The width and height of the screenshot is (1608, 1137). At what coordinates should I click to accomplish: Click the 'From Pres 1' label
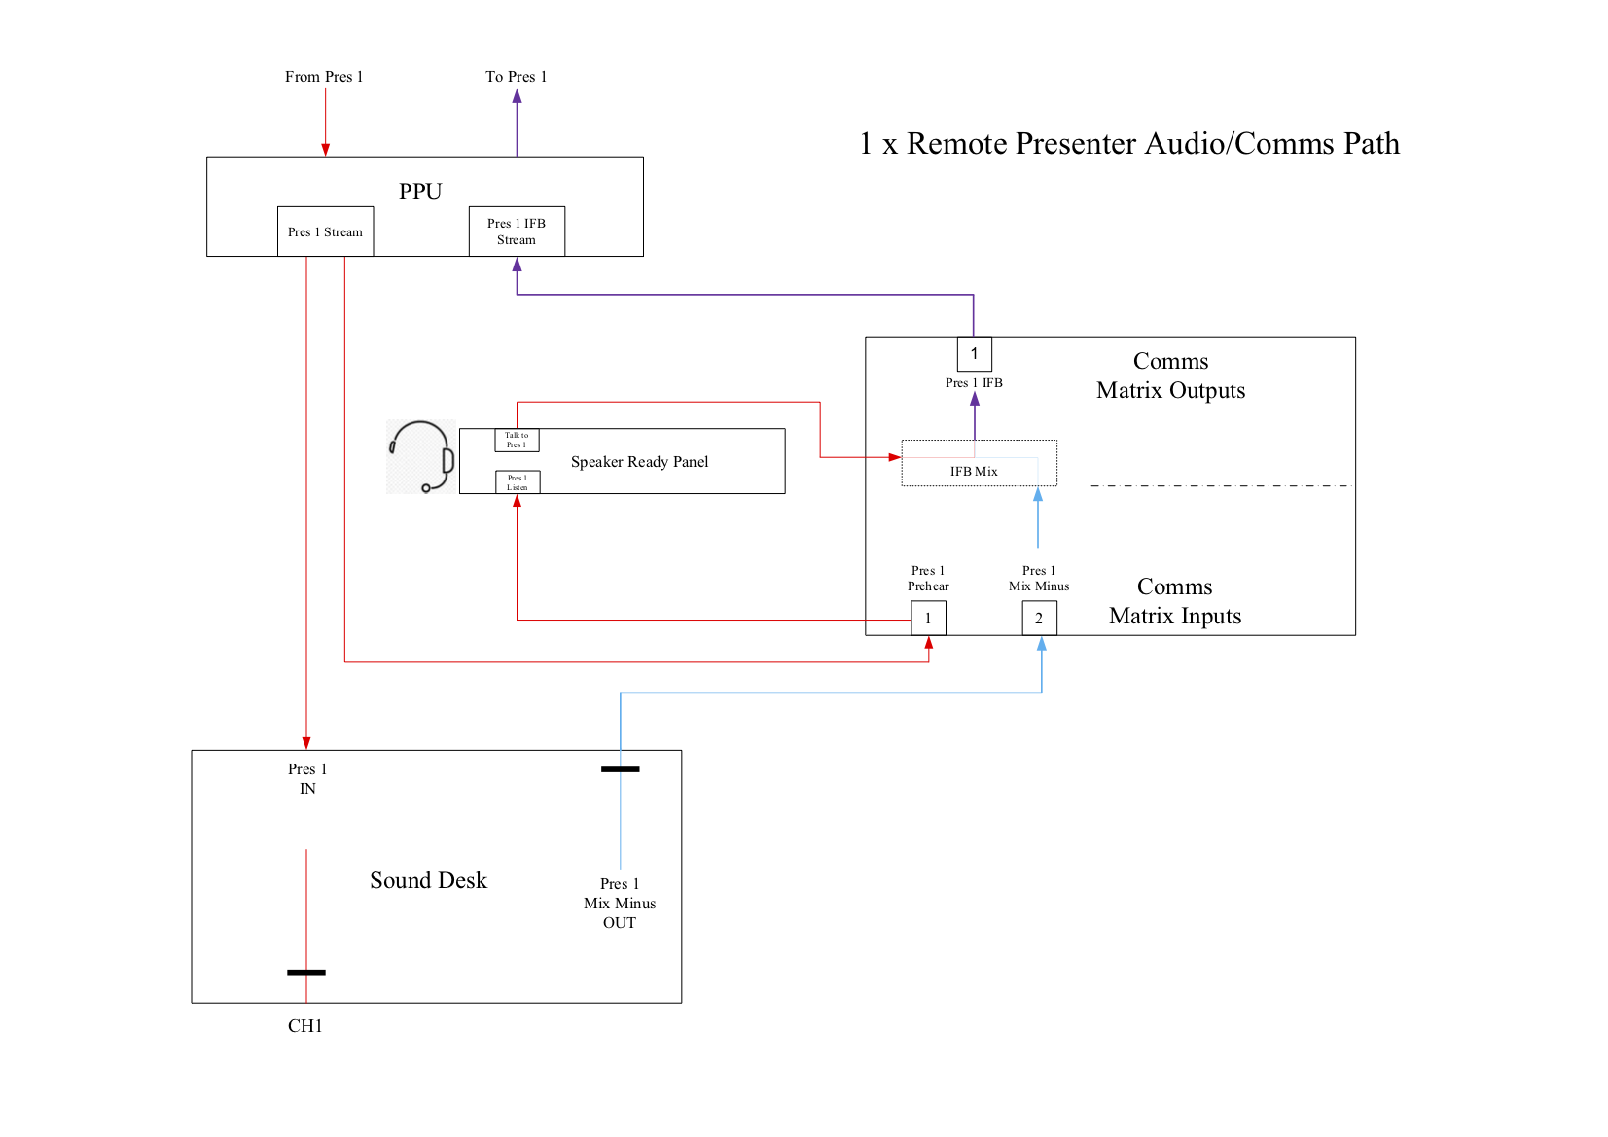pos(323,77)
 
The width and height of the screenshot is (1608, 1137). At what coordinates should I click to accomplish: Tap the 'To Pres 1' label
pos(516,77)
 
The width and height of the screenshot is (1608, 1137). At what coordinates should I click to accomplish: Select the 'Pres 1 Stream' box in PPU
pos(325,232)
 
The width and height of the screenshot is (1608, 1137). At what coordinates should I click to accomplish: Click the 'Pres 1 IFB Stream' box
pos(517,231)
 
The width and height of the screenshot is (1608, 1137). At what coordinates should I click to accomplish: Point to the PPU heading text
pos(420,192)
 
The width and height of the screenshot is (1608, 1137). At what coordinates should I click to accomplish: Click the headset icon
pos(422,457)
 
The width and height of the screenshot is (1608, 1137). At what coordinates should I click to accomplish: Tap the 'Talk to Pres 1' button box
pos(517,441)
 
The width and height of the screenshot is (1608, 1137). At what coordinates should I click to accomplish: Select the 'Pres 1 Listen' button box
pos(517,482)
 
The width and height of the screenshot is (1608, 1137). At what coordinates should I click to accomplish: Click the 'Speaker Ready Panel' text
pos(639,462)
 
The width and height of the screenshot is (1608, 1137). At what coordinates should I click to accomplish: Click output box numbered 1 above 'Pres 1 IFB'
pos(974,354)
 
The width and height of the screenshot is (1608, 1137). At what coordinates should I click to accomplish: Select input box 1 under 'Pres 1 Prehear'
pos(928,619)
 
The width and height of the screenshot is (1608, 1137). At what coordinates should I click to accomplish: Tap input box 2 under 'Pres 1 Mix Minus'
pos(1039,619)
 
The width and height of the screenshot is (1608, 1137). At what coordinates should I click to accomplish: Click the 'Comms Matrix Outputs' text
pos(1170,375)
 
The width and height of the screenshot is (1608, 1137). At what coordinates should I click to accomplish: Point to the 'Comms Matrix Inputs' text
pos(1174,601)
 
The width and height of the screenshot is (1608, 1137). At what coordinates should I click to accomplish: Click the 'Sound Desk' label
pos(428,880)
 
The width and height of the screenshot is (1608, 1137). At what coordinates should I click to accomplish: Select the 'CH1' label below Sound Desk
pos(304,1026)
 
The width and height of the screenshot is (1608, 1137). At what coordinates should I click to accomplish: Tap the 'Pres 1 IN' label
pos(307,778)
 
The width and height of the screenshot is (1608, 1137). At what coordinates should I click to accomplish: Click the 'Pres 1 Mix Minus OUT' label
pos(620,903)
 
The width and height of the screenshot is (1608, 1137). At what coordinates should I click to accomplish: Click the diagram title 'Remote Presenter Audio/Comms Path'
pos(1129,144)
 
